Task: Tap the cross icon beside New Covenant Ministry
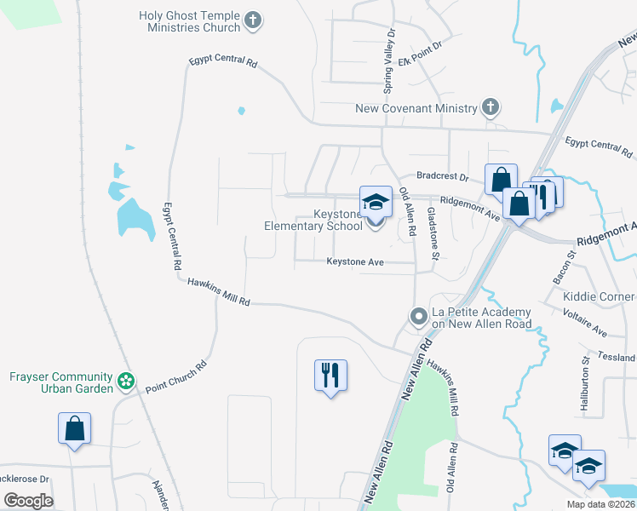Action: [x=490, y=107]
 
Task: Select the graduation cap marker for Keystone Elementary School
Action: [x=376, y=203]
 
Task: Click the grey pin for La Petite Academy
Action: [x=418, y=317]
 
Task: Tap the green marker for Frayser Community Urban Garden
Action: [x=126, y=382]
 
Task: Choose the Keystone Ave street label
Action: [x=355, y=262]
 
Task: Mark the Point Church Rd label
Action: [x=176, y=376]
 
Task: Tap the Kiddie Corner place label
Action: [x=599, y=296]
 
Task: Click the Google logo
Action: [x=29, y=500]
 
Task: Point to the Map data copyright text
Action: [x=600, y=504]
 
